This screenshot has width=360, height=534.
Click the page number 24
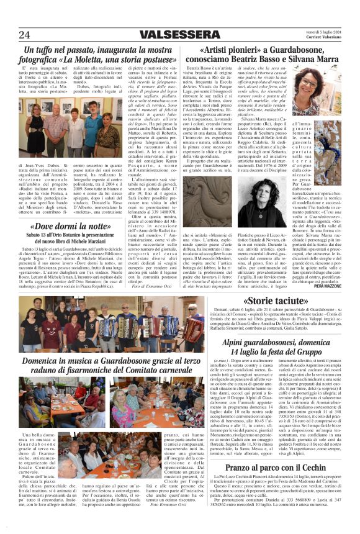(x=24, y=34)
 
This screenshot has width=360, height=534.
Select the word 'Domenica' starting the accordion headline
(x=44, y=360)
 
